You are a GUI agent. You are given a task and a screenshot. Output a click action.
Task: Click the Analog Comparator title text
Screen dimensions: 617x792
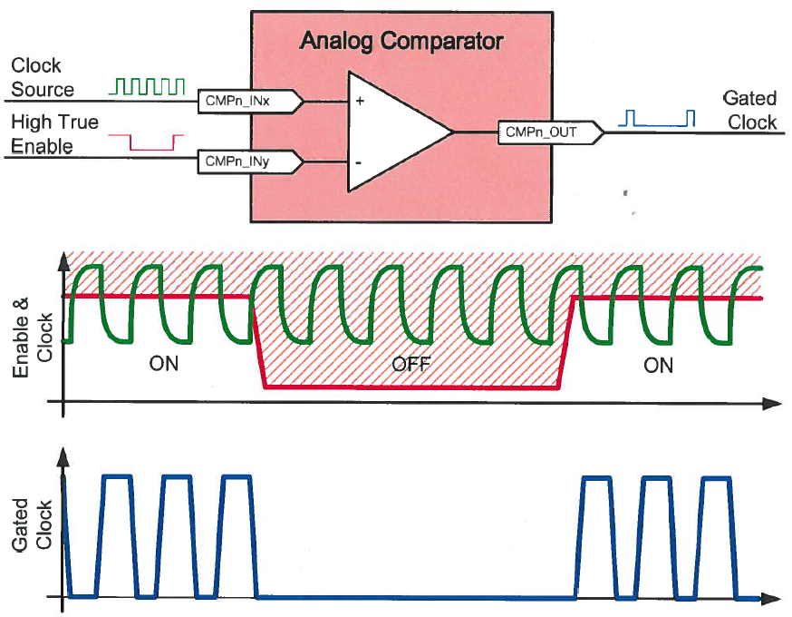point(401,41)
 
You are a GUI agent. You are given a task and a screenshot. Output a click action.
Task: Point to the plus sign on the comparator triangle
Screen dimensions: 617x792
point(360,102)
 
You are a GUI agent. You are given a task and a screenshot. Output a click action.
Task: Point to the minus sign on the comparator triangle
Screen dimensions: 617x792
point(360,162)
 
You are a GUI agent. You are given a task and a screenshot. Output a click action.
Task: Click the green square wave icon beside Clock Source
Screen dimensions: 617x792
point(147,86)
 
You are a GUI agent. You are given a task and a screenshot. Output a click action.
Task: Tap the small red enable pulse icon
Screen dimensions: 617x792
point(146,142)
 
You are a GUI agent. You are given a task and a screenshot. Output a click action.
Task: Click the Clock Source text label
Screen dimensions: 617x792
point(42,77)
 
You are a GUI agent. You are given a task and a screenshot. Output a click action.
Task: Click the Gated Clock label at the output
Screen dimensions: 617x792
point(749,110)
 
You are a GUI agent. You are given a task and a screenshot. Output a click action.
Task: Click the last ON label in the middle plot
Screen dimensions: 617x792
point(658,364)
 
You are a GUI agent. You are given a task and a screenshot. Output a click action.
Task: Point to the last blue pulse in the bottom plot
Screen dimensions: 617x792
point(717,535)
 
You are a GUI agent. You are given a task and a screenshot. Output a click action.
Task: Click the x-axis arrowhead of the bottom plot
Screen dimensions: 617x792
point(770,598)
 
